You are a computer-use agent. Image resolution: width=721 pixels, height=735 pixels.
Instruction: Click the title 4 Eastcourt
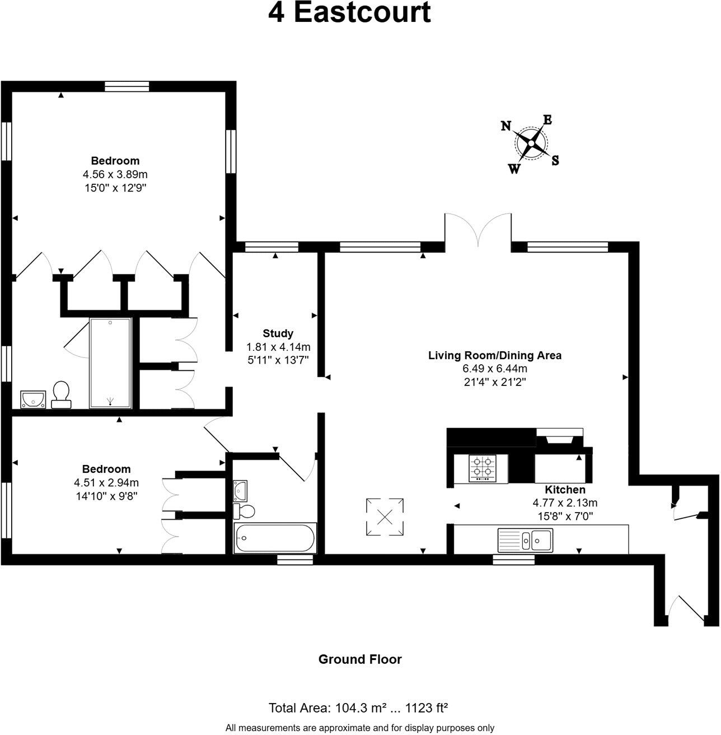tap(349, 13)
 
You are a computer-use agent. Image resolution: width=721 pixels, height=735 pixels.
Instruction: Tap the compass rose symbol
tap(530, 144)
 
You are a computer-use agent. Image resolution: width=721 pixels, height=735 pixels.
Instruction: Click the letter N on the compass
tap(505, 126)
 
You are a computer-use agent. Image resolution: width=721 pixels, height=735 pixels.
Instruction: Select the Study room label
tap(278, 334)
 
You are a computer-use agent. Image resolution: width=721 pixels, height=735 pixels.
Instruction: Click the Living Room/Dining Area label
tap(494, 355)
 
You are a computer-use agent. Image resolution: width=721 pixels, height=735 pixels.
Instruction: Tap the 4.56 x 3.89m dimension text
tap(115, 174)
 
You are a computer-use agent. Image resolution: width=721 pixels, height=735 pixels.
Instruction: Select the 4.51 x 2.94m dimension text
tap(106, 482)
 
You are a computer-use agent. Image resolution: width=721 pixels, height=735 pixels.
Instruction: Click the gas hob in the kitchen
tap(484, 468)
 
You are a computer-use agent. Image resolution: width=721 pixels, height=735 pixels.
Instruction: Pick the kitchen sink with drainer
tap(525, 540)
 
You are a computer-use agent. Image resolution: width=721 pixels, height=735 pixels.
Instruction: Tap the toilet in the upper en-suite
tap(60, 394)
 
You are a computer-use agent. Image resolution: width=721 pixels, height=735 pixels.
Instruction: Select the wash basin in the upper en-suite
tap(33, 399)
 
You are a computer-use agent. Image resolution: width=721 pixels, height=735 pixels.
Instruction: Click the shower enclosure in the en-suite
tap(110, 362)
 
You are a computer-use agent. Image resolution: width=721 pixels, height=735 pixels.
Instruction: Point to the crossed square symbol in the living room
tap(385, 517)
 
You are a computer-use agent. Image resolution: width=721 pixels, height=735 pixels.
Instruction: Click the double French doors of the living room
tap(477, 230)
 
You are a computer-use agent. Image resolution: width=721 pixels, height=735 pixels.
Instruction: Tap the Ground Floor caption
tap(360, 659)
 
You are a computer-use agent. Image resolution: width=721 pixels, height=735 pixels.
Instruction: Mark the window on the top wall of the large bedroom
tap(127, 86)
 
